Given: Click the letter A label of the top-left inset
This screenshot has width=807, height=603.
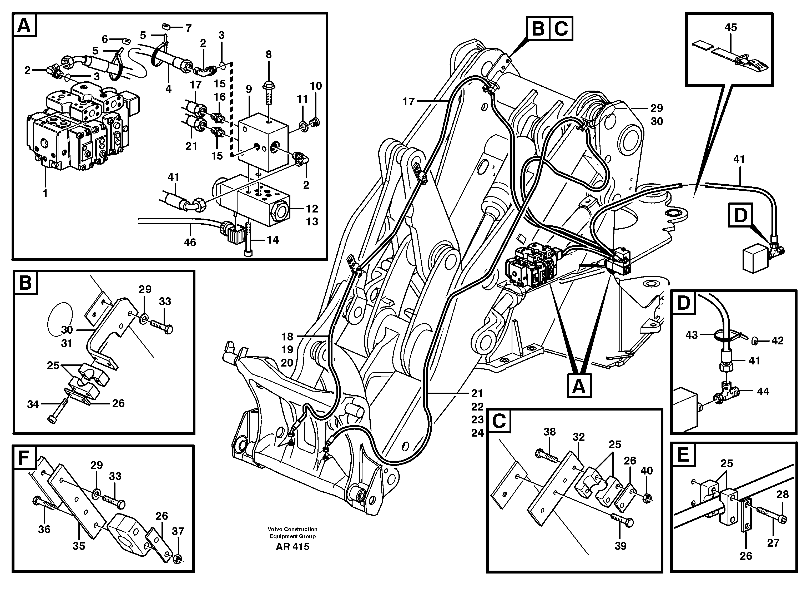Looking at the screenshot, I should (24, 25).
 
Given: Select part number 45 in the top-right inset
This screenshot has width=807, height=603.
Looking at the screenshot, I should (730, 27).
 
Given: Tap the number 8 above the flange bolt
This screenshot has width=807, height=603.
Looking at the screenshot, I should (268, 55).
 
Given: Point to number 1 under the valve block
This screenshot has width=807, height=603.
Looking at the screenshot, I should (45, 194).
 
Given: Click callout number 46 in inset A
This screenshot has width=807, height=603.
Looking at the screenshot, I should (190, 242).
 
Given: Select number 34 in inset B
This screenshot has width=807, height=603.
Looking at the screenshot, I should (33, 404).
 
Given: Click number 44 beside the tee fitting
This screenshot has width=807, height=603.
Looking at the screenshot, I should (763, 392).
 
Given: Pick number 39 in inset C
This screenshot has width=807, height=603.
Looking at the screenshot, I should (620, 546).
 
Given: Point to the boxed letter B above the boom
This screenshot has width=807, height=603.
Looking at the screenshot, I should (538, 28).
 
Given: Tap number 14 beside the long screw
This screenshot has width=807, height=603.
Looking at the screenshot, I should (273, 240).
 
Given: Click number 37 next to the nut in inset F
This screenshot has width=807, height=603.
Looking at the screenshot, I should (178, 531).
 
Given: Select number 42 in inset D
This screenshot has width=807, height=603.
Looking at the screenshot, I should (778, 340).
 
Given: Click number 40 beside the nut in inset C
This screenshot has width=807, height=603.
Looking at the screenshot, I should (647, 471).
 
